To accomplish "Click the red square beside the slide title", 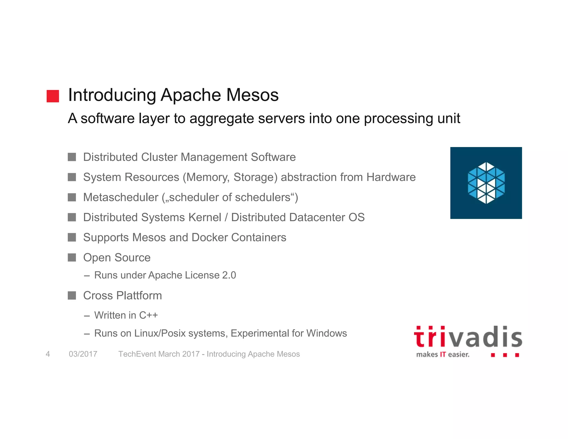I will tap(53, 96).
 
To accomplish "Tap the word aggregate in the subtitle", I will tap(221, 119).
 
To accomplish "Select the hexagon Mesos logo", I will tap(486, 183).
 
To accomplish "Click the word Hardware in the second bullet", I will tap(391, 177).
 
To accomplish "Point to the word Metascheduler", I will tap(121, 197).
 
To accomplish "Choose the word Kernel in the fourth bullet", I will tap(205, 217).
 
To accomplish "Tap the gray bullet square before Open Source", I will tap(72, 258).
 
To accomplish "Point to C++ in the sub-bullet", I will tap(148, 315).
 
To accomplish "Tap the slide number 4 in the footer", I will tap(48, 354).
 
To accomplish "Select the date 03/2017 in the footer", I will tap(83, 354).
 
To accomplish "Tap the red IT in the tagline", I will tap(443, 355).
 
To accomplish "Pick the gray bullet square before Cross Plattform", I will tap(72, 296).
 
